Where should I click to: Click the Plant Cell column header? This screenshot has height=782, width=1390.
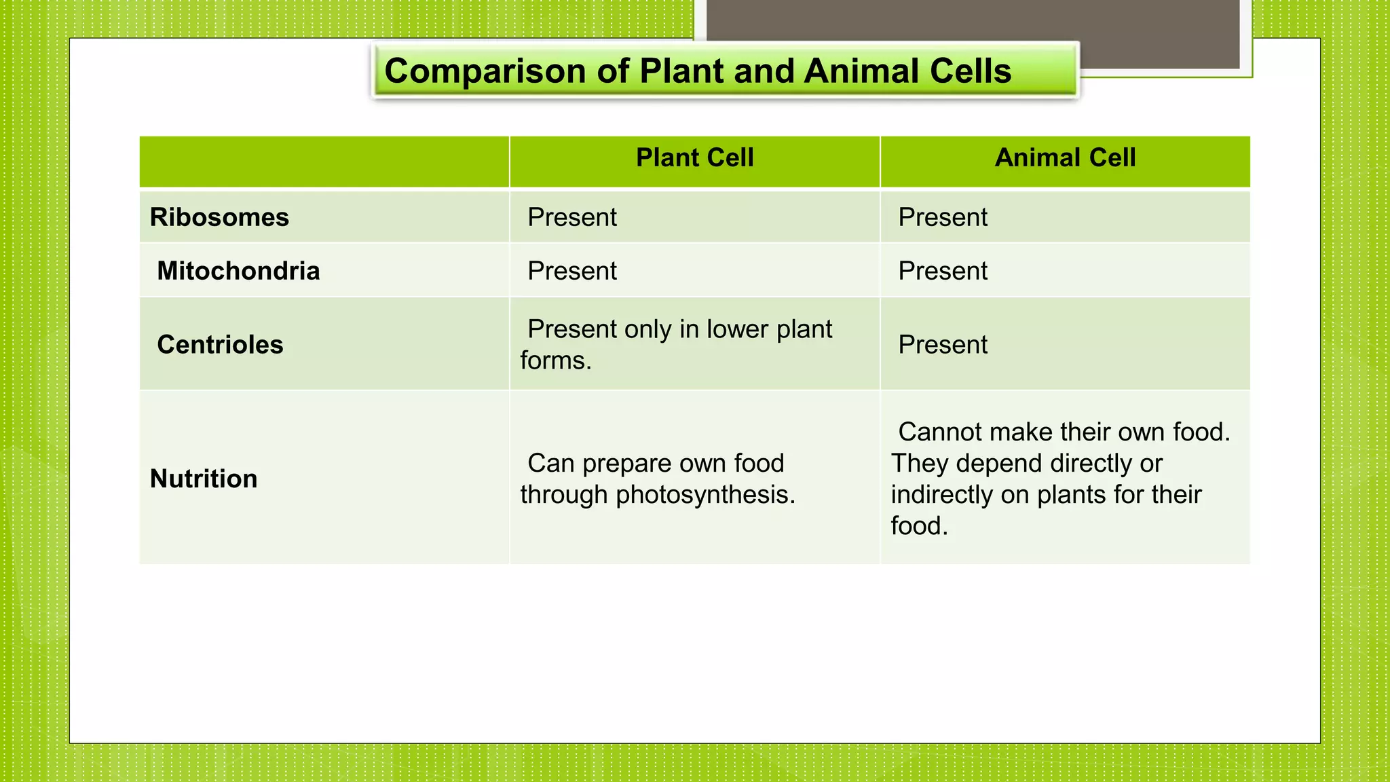pyautogui.click(x=694, y=158)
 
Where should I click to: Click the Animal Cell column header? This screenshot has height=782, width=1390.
pyautogui.click(x=1065, y=158)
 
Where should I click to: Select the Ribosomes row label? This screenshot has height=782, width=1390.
pyautogui.click(x=219, y=218)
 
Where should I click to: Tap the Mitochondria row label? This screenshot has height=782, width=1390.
pyautogui.click(x=238, y=271)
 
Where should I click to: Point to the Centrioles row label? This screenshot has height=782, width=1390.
pyautogui.click(x=220, y=345)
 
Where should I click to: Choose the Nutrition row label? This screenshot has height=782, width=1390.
pyautogui.click(x=204, y=479)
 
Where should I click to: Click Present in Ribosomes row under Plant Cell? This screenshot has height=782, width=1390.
pyautogui.click(x=572, y=218)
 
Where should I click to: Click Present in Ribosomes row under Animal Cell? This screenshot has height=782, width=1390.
pyautogui.click(x=943, y=218)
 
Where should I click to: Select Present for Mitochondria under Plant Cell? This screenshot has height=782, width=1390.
pyautogui.click(x=572, y=271)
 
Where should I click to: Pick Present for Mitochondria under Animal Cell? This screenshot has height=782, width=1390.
pyautogui.click(x=943, y=271)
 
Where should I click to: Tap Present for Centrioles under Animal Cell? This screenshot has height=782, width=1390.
pyautogui.click(x=943, y=345)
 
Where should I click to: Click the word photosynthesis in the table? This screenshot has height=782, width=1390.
pyautogui.click(x=705, y=496)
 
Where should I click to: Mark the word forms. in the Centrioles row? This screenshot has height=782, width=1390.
pyautogui.click(x=556, y=361)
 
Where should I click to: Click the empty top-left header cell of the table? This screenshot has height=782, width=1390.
pyautogui.click(x=324, y=162)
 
